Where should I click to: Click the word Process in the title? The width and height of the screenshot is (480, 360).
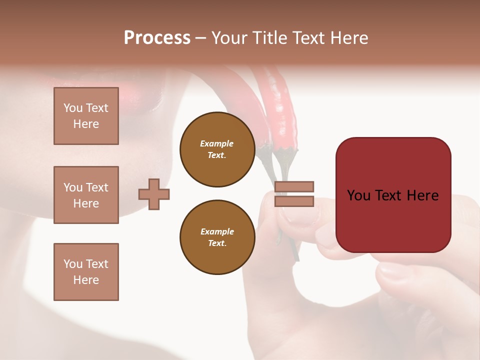click(157, 38)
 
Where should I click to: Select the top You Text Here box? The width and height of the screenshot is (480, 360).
click(86, 116)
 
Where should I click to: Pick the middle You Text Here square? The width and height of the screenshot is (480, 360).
click(86, 195)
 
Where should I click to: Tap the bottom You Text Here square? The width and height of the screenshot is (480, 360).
click(86, 272)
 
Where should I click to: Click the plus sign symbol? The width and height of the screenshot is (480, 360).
click(154, 194)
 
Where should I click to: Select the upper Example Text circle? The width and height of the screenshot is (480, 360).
click(217, 149)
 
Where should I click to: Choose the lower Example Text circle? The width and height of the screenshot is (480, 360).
click(217, 237)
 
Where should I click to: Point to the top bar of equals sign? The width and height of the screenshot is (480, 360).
click(294, 186)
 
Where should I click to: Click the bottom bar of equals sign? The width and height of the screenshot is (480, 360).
click(294, 201)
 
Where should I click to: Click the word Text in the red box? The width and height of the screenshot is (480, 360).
click(392, 195)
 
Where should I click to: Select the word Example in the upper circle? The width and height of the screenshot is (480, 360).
click(217, 143)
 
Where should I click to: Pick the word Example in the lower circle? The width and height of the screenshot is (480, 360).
click(217, 231)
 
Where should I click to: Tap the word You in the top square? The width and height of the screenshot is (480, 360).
click(72, 108)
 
